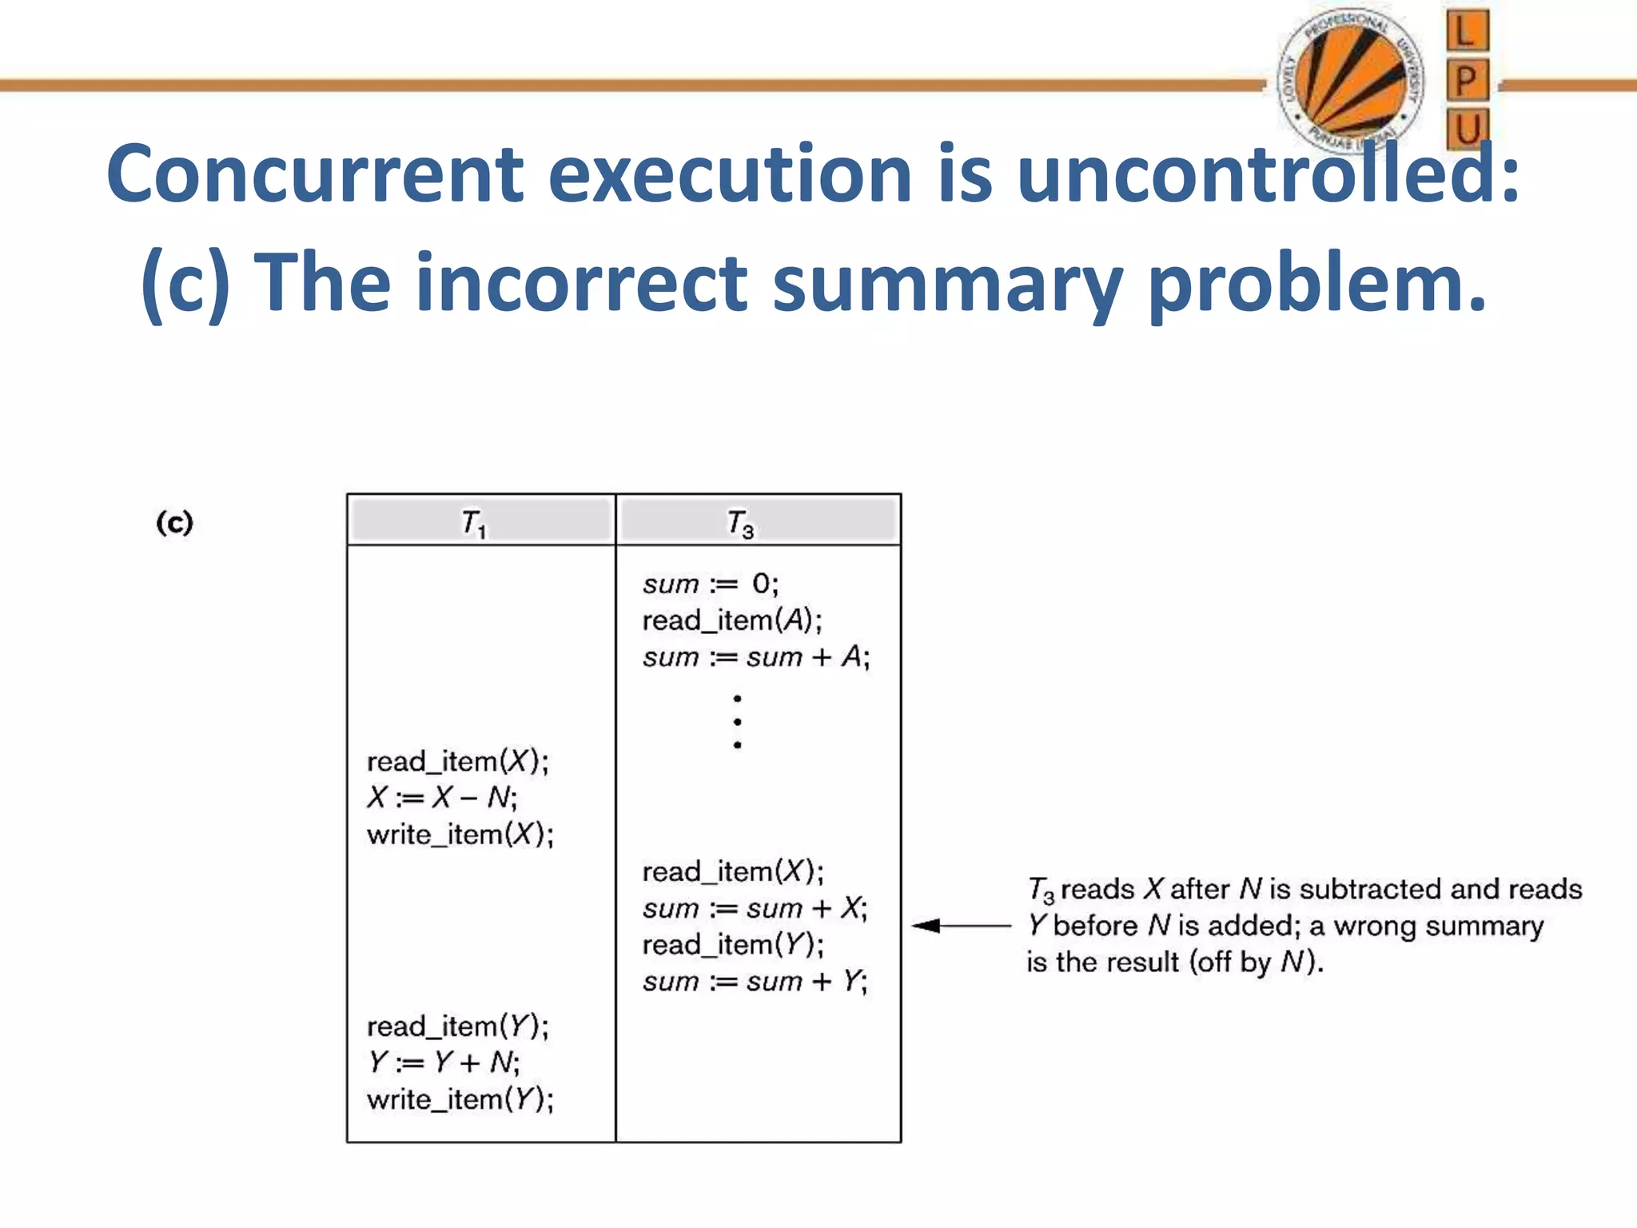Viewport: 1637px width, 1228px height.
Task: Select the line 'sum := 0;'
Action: (x=710, y=584)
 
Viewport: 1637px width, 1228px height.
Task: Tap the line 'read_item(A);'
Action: (x=731, y=620)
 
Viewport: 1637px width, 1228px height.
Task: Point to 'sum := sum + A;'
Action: (x=755, y=657)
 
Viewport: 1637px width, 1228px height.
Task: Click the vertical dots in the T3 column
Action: (x=737, y=721)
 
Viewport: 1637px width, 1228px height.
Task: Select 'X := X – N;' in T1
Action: (x=442, y=797)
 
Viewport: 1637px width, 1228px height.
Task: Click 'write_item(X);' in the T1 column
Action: (x=460, y=834)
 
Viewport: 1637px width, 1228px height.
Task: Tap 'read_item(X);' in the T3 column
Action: (x=732, y=871)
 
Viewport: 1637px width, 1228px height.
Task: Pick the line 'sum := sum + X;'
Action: (x=755, y=908)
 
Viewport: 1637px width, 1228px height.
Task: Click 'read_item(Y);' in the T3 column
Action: (x=732, y=945)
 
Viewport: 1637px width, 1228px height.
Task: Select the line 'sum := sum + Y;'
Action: (x=755, y=981)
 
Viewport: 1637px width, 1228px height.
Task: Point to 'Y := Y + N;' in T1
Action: (x=444, y=1063)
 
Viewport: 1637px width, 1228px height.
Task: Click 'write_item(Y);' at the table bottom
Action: (x=460, y=1099)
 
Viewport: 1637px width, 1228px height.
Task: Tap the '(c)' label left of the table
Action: (x=174, y=523)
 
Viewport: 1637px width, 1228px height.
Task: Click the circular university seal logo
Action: (x=1350, y=80)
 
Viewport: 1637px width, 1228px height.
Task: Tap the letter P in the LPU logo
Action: (x=1467, y=80)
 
